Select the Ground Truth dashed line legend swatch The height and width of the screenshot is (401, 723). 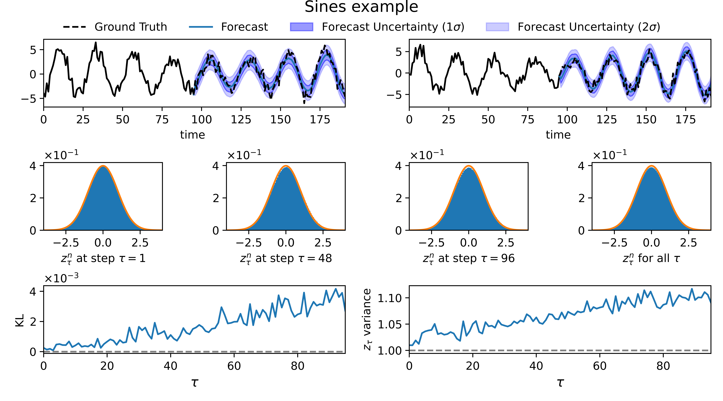74,27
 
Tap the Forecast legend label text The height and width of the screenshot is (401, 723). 244,27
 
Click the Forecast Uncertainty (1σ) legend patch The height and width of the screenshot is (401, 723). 301,27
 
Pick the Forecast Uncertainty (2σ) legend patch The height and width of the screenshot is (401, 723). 497,27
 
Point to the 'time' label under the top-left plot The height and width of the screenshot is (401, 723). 193,135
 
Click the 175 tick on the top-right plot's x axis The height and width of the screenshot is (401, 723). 685,120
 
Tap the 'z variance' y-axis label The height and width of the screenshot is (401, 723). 367,319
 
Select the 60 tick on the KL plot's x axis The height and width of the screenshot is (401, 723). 234,366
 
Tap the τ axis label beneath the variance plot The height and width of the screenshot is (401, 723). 560,382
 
